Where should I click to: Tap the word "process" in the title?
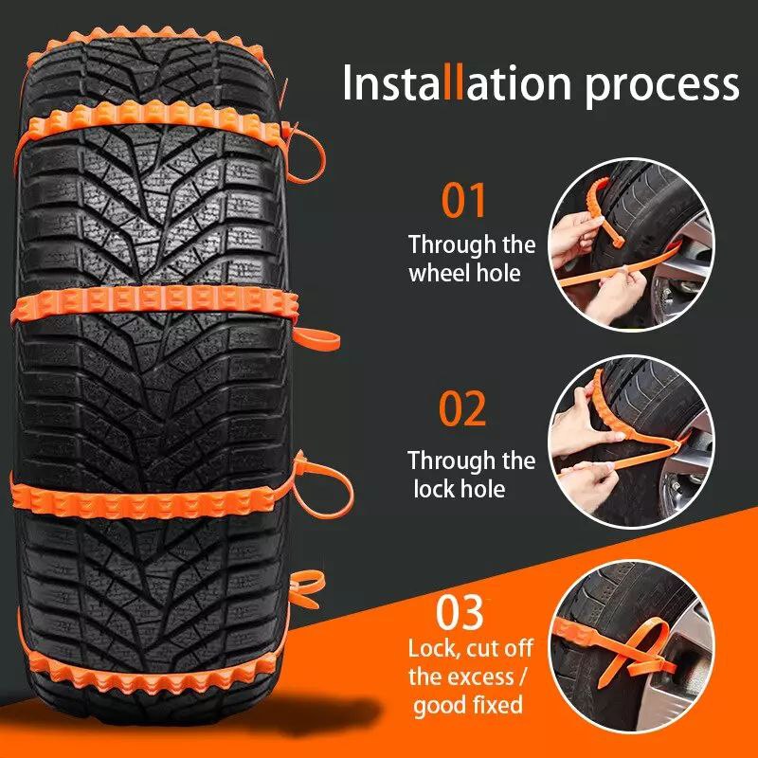click(661, 88)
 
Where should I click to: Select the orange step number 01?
click(463, 200)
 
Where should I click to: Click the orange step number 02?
click(462, 408)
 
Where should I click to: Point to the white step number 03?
click(460, 612)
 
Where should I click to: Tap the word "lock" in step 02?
click(433, 489)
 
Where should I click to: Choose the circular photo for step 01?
click(631, 244)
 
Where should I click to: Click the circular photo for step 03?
click(631, 647)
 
